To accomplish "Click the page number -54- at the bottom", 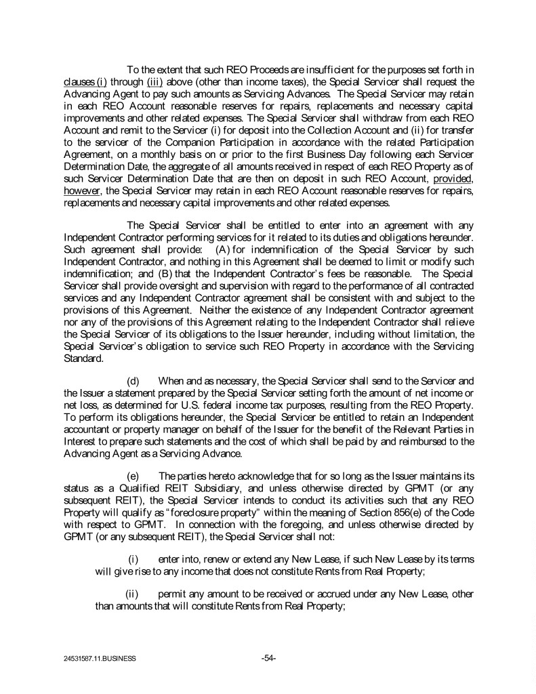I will [268, 657].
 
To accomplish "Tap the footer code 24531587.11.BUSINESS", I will [98, 658].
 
